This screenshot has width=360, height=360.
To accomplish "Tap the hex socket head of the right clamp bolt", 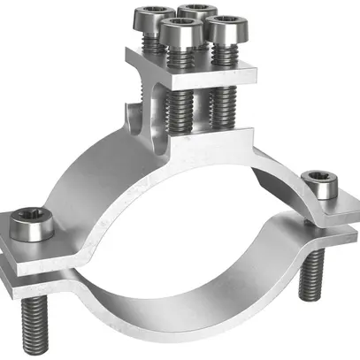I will tap(316, 183).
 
